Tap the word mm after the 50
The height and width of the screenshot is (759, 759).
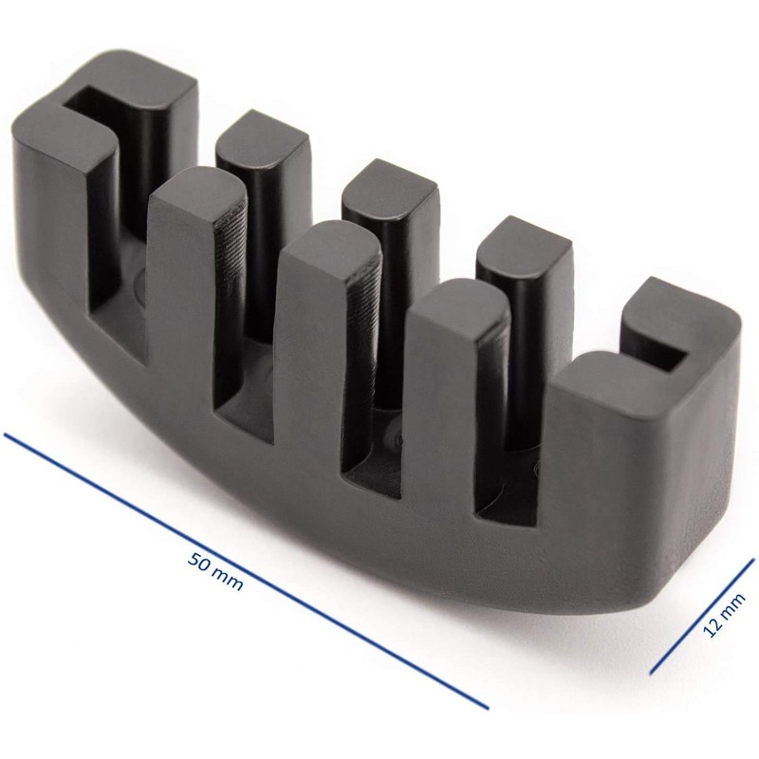(x=228, y=579)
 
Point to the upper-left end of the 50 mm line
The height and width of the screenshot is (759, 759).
(x=5, y=435)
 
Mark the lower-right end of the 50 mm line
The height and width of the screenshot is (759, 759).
(x=488, y=708)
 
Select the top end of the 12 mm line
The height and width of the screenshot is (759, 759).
(x=753, y=560)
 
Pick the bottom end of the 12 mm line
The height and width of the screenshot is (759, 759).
(x=651, y=673)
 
